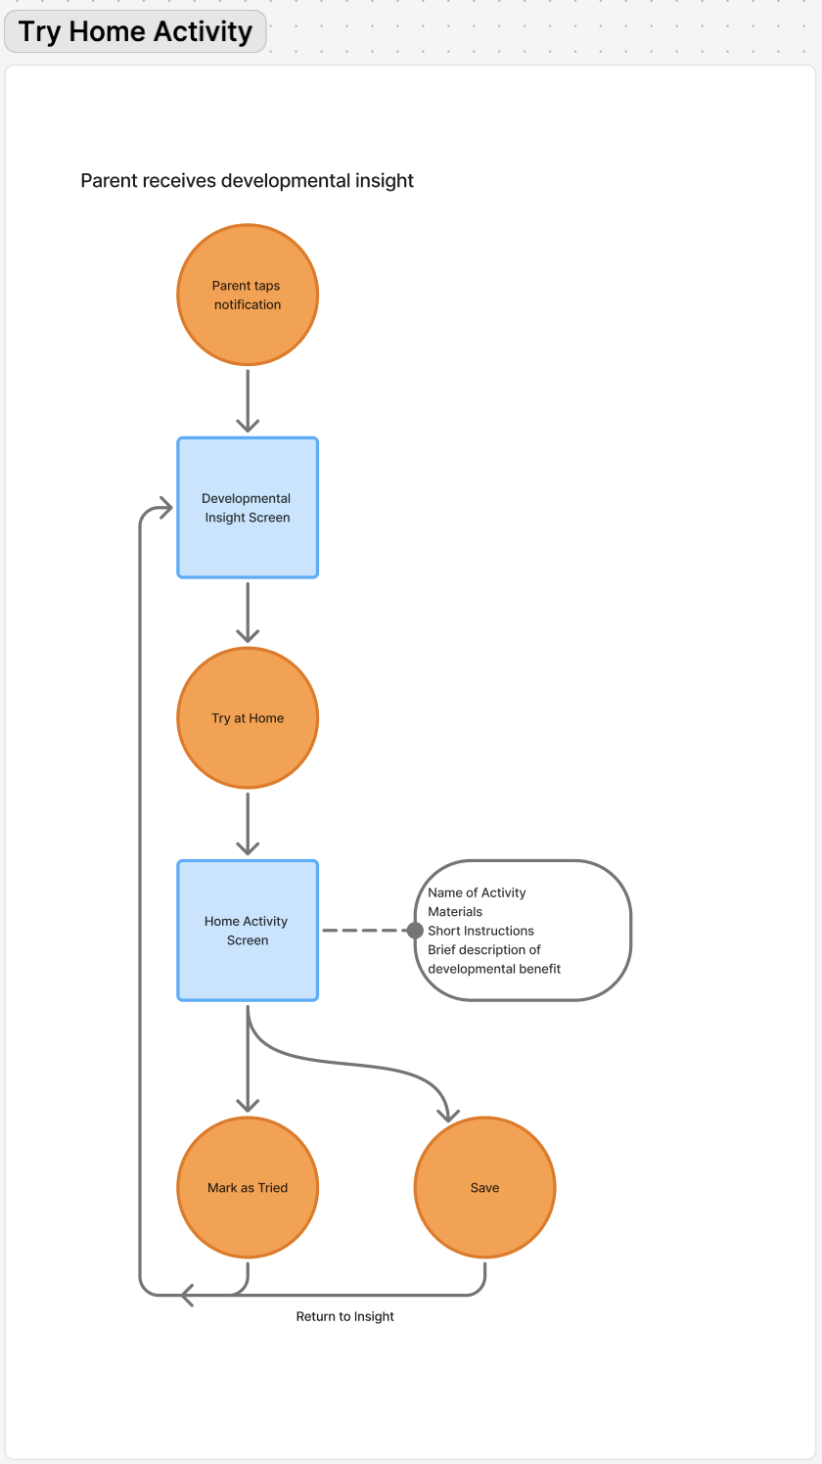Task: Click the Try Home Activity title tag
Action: [x=135, y=31]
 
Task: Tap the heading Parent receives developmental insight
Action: [x=247, y=180]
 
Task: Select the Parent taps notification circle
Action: [x=248, y=295]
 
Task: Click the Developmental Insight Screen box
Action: [x=248, y=508]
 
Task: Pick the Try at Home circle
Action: [x=248, y=717]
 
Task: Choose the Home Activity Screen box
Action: [x=248, y=930]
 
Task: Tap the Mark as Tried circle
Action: [x=248, y=1187]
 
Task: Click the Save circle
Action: [x=484, y=1187]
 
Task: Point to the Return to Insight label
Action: [x=345, y=1316]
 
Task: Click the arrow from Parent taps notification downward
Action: [x=248, y=400]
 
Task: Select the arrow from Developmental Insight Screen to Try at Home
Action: [x=248, y=613]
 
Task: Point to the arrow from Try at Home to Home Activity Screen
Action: [x=248, y=824]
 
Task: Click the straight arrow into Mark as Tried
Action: [x=248, y=1059]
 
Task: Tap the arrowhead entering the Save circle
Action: [x=448, y=1116]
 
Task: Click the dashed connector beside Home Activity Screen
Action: [x=365, y=930]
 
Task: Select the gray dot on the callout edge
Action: [x=415, y=930]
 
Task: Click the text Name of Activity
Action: [x=477, y=892]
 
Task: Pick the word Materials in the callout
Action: [x=455, y=912]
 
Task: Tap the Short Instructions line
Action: [x=480, y=931]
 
